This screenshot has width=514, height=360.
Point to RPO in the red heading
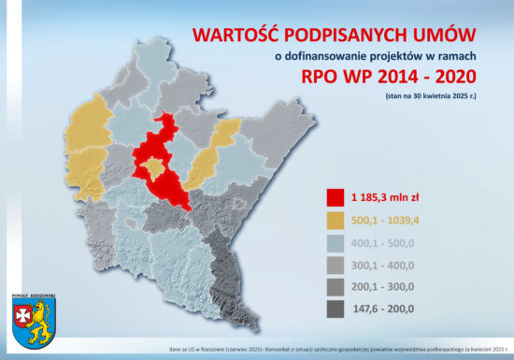click(x=323, y=79)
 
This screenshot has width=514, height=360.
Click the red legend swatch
click(x=334, y=197)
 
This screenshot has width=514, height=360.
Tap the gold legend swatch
click(x=334, y=219)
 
